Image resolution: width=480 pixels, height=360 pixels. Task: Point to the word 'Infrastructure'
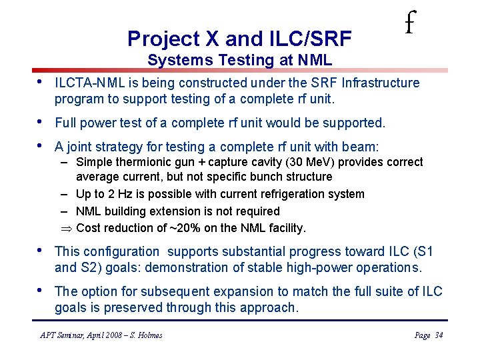(x=380, y=83)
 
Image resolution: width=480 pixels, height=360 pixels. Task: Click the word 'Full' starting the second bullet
(x=67, y=123)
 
